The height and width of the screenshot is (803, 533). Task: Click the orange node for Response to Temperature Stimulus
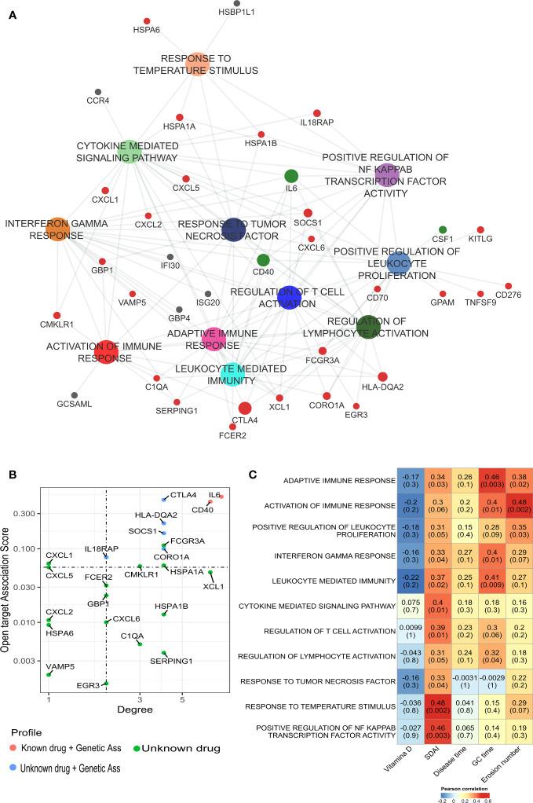click(198, 64)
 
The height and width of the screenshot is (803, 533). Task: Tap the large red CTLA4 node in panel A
click(244, 408)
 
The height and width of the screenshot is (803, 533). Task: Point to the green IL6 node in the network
click(291, 176)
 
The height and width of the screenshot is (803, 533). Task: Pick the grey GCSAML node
click(75, 394)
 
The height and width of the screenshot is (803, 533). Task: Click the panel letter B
click(11, 475)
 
